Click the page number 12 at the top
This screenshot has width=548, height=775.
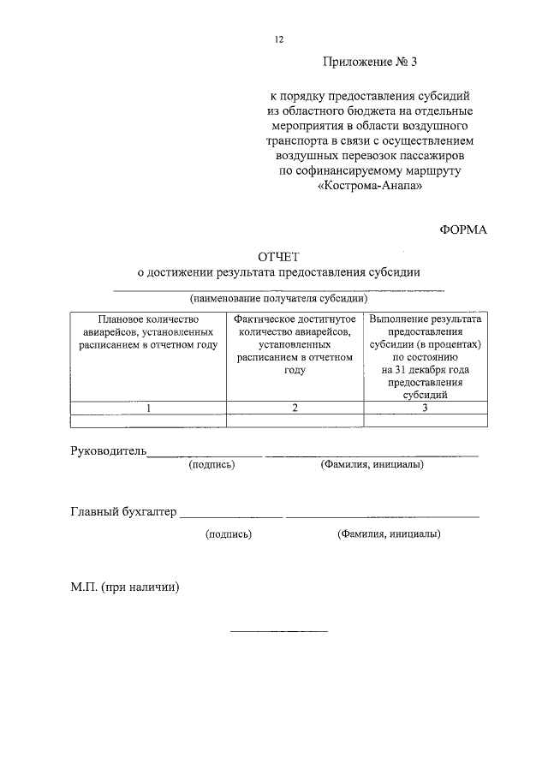pos(278,39)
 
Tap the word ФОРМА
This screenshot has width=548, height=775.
pos(463,230)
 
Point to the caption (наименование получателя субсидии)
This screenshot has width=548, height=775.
pos(279,299)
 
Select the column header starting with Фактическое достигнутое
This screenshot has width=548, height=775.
pos(295,343)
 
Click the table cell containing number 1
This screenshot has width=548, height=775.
pos(148,408)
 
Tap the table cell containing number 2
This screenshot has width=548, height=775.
pos(295,408)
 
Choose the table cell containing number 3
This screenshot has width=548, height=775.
pos(426,408)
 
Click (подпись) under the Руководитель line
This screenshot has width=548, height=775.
pos(211,464)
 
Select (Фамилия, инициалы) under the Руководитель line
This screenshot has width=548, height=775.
pos(372,464)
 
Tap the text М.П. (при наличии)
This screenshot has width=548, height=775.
pos(125,588)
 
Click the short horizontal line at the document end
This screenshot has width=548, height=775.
pos(279,632)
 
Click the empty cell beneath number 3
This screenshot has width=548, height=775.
pos(426,420)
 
